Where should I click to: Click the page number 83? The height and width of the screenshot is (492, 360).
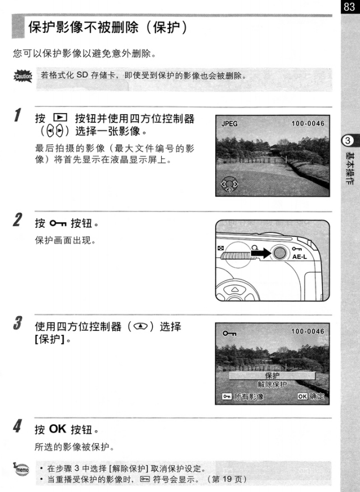[349, 6]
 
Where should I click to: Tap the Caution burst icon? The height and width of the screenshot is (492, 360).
[23, 76]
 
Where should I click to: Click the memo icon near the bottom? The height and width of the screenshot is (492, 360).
[21, 469]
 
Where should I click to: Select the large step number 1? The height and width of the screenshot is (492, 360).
[18, 115]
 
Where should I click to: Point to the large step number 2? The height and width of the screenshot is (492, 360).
[18, 219]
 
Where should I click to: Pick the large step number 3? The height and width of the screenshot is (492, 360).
[18, 323]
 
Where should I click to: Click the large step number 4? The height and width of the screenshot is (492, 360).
[18, 426]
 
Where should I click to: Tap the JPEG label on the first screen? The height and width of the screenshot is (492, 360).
[229, 124]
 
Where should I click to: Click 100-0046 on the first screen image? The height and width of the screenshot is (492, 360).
[308, 123]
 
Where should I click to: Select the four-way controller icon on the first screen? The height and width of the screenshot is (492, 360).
[229, 184]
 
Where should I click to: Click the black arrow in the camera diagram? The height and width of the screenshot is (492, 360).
[261, 253]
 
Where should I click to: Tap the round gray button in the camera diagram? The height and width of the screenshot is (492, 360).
[279, 253]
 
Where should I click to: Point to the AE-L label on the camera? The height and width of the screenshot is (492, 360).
[300, 257]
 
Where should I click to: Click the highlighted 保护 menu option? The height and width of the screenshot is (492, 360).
[272, 376]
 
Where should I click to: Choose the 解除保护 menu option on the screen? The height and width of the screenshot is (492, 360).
[272, 385]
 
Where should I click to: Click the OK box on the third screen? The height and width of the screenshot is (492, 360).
[302, 396]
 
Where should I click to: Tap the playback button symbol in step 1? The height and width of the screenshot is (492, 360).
[60, 118]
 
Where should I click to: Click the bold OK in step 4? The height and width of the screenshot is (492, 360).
[58, 429]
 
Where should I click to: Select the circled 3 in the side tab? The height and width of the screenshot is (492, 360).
[348, 141]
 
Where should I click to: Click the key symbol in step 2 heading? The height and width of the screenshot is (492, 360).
[58, 223]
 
